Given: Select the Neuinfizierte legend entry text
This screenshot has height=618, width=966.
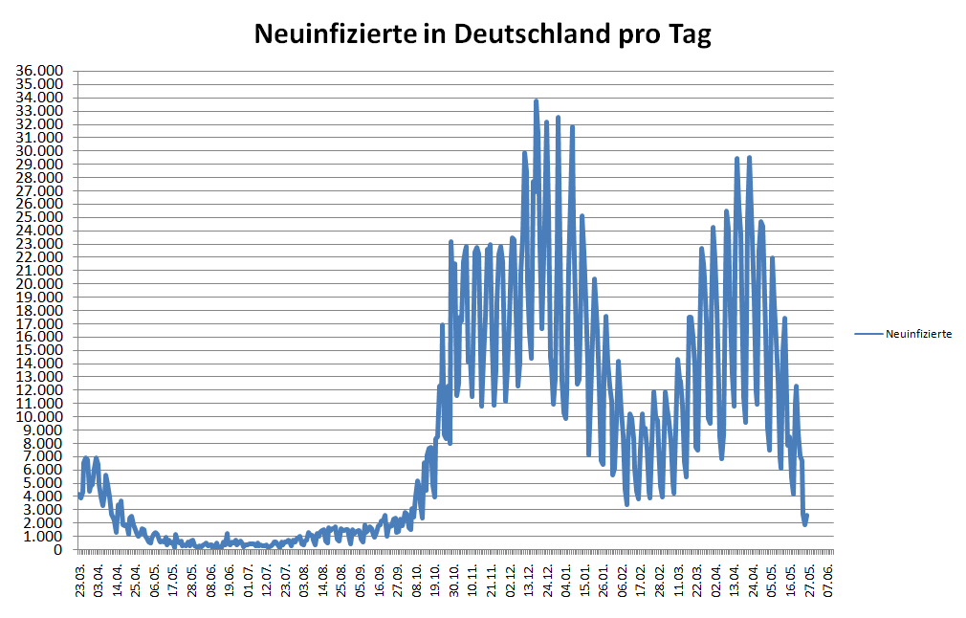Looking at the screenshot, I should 918,334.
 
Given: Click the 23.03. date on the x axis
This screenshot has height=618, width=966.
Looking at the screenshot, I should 81,580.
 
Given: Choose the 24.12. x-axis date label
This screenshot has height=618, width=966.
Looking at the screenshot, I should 549,580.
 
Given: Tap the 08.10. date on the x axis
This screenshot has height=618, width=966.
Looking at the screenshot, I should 418,580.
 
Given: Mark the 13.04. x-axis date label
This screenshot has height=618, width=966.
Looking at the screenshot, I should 735,580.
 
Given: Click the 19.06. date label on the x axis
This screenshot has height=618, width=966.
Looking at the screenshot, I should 231,580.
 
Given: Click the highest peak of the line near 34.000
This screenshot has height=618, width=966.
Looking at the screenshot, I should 537,100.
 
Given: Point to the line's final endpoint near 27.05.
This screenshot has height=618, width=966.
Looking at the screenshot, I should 807,517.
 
